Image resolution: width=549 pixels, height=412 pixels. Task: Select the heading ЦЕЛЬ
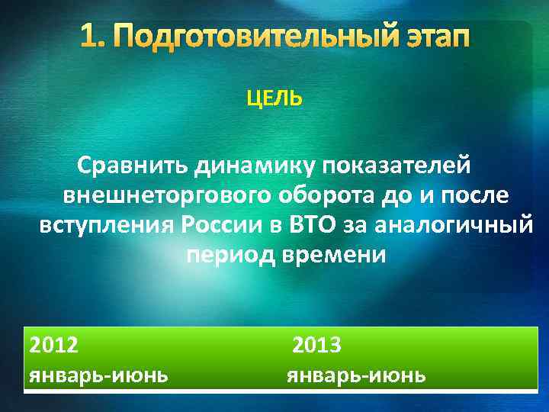(274, 100)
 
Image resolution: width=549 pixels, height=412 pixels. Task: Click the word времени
(335, 256)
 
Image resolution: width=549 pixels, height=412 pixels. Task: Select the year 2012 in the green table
(53, 346)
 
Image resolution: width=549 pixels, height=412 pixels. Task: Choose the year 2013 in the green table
(317, 346)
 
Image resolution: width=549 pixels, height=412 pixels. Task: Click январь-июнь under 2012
(98, 375)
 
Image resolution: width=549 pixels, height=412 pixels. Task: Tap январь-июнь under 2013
(356, 375)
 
